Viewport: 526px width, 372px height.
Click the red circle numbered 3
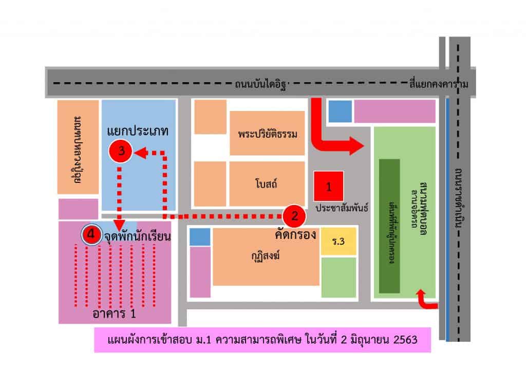coord(121,151)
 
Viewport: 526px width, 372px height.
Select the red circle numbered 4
coord(91,234)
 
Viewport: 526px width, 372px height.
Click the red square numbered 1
coord(329,187)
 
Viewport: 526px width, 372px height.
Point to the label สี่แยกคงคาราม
coord(440,83)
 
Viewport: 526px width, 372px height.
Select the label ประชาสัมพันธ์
coord(342,209)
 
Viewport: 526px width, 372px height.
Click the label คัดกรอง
coord(295,234)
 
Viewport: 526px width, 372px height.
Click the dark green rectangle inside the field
coord(389,226)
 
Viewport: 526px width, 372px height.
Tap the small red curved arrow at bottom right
coord(426,301)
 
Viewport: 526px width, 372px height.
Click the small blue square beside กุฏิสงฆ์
coord(200,237)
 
